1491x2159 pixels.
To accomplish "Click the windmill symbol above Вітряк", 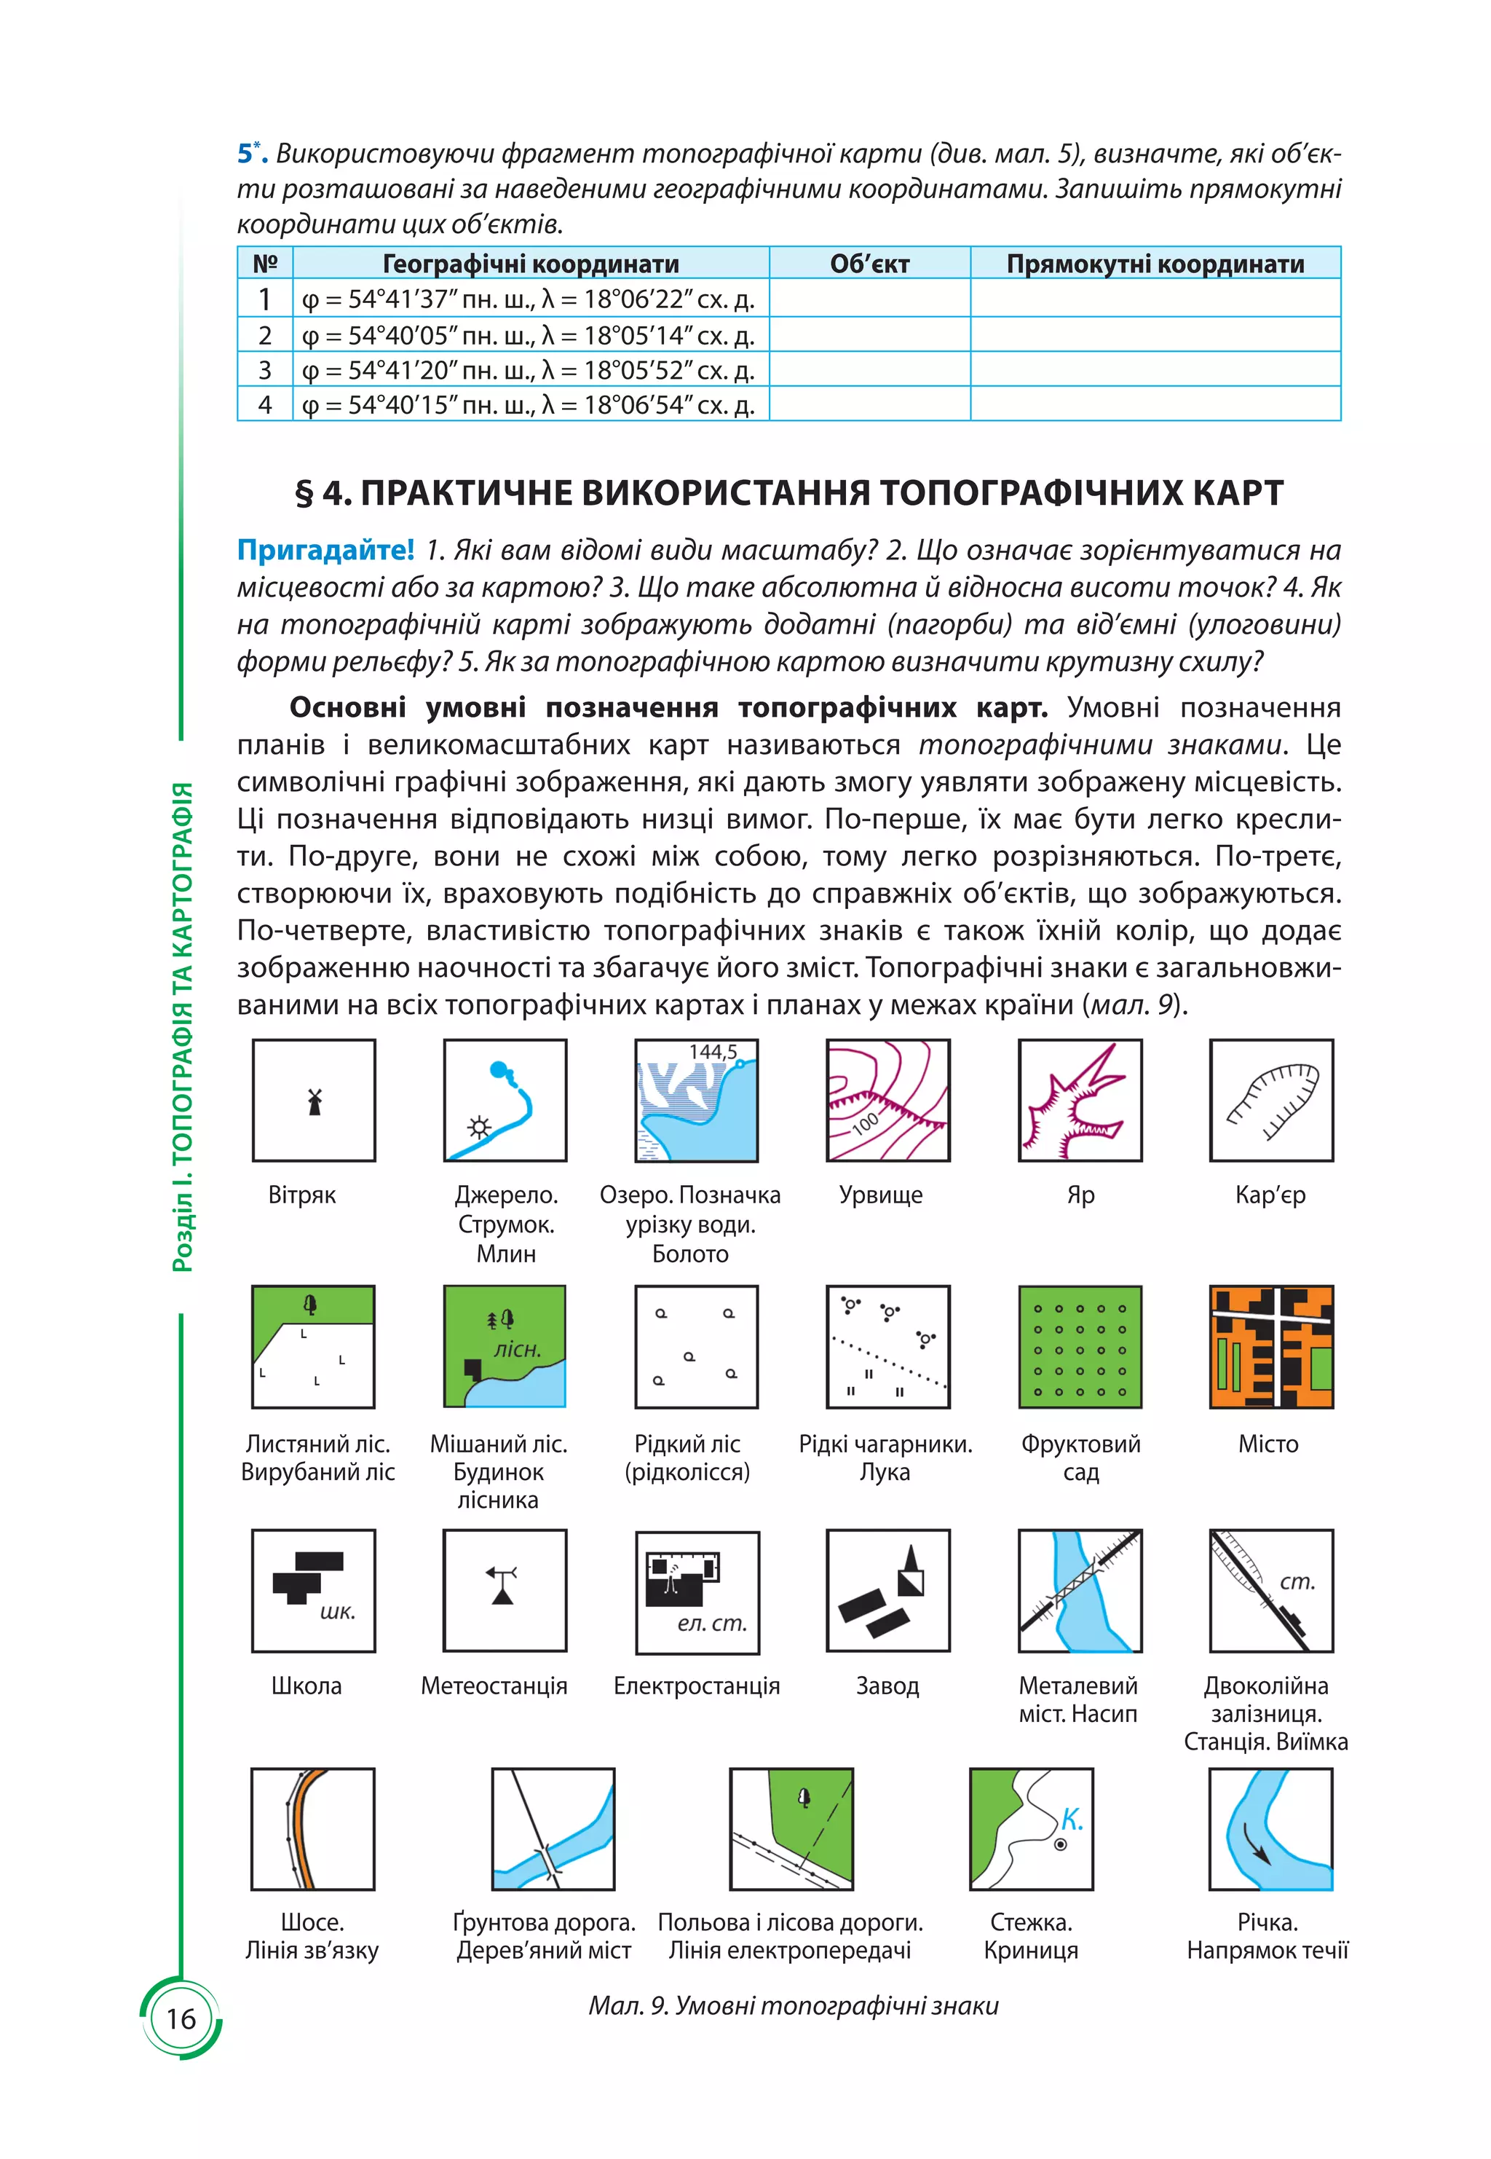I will [314, 1101].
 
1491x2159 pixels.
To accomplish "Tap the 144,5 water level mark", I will [713, 1052].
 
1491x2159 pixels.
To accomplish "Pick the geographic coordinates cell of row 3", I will [529, 370].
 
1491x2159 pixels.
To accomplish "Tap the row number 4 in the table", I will [265, 405].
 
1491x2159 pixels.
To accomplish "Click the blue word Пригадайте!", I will [325, 549].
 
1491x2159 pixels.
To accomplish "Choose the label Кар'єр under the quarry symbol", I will [1270, 1195].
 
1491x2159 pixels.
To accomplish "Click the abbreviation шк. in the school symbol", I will [337, 1611].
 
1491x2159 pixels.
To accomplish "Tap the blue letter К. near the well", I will [1072, 1819].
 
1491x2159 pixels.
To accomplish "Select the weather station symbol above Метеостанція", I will [502, 1585].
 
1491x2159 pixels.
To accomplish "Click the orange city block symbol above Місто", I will [1270, 1346].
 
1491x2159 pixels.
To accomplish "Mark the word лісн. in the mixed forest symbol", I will [518, 1349].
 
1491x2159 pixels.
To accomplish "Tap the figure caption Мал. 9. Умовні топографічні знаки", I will [793, 2006].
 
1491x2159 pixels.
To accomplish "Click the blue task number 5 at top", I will [245, 152].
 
